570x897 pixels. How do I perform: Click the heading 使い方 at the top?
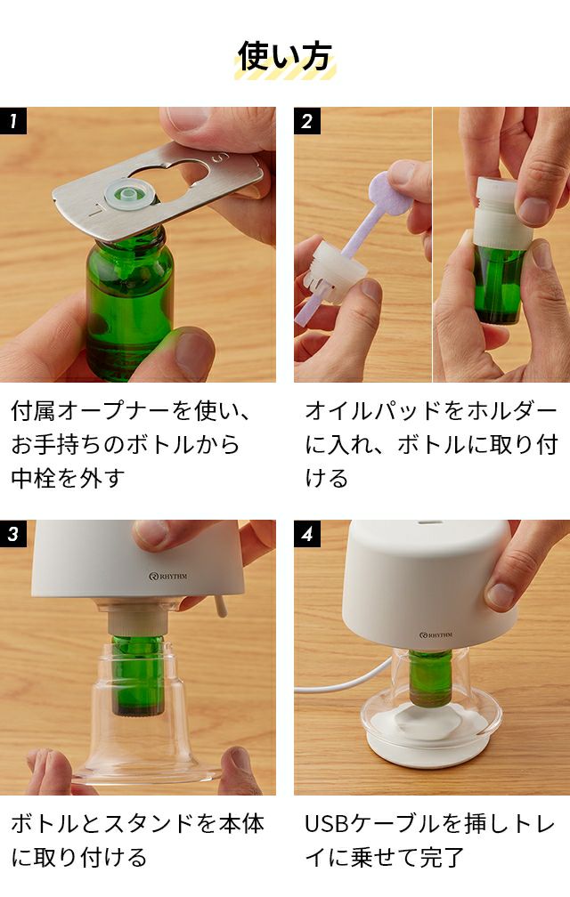(284, 57)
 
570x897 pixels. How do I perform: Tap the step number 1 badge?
(13, 121)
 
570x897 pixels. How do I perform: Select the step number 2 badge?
(307, 121)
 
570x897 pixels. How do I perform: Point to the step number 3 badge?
(13, 534)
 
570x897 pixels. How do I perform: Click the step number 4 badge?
(307, 534)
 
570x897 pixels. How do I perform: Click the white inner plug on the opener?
(131, 195)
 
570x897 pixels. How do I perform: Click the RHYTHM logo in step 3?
(167, 576)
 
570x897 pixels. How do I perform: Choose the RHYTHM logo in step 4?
(436, 635)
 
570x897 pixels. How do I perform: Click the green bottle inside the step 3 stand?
(137, 675)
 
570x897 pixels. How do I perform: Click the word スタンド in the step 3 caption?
(150, 824)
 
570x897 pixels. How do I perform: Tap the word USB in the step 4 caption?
(326, 824)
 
